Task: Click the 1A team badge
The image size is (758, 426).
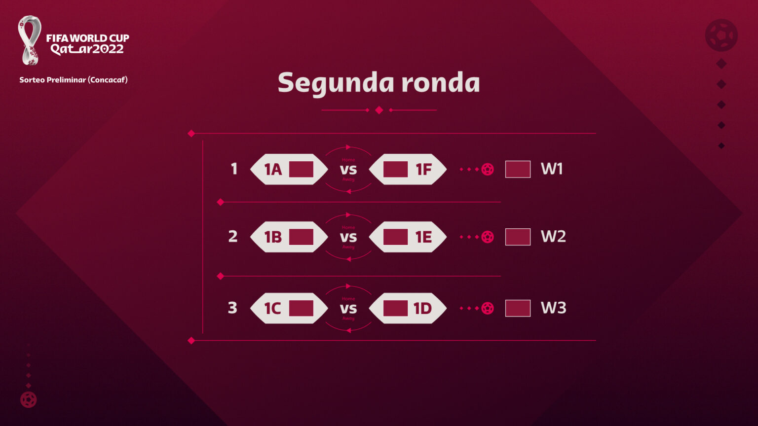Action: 289,169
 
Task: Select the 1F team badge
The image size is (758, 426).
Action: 408,169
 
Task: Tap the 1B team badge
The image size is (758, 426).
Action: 289,237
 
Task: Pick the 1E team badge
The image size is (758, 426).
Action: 408,237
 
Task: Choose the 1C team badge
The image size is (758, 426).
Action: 289,308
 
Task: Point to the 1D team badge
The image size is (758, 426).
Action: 408,308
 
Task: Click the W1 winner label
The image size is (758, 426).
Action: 552,169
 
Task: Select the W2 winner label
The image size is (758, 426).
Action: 553,237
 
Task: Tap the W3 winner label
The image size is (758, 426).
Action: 553,308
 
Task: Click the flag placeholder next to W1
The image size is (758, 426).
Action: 518,169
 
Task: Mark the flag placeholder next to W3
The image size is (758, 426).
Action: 518,308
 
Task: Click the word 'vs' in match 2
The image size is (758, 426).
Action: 348,237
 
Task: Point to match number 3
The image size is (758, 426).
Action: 232,308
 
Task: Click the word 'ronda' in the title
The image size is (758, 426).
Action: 440,82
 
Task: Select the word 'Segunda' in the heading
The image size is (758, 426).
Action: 335,83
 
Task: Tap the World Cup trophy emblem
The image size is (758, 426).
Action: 30,40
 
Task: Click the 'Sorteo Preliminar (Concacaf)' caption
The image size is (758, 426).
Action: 74,80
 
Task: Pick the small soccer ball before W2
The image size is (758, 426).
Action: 488,237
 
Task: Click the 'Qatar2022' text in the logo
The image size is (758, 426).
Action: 87,49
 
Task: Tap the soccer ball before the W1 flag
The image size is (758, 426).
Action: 488,169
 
